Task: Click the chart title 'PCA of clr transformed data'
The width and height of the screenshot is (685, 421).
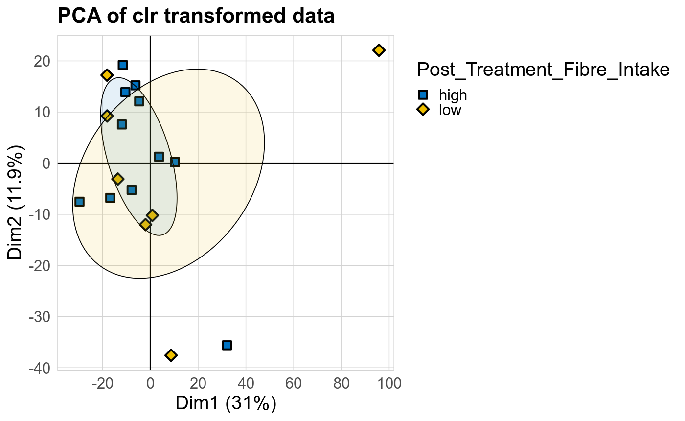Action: pos(196,16)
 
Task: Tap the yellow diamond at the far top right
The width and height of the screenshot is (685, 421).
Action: pos(379,50)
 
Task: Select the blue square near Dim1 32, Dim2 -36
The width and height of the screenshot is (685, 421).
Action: pos(227,345)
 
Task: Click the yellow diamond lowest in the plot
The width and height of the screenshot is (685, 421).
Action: pos(171,355)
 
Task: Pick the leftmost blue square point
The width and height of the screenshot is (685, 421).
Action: pos(79,202)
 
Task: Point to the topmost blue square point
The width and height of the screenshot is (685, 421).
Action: pos(123,65)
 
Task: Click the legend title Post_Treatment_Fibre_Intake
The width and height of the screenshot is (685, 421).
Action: pos(543,70)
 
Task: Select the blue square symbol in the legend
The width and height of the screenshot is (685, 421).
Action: pos(424,95)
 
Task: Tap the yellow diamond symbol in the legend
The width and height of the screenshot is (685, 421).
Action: pos(424,110)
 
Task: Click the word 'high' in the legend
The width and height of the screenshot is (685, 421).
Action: pos(453,95)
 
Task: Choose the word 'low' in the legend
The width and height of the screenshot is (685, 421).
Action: pos(450,110)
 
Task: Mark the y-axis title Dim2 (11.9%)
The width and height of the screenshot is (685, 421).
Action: pos(16,202)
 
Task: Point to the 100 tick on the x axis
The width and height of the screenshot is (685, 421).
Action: pos(389,383)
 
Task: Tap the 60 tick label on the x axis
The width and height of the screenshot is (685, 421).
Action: pos(294,383)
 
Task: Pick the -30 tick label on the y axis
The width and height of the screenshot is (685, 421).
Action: pos(43,317)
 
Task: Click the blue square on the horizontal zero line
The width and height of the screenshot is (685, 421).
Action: pos(175,162)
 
